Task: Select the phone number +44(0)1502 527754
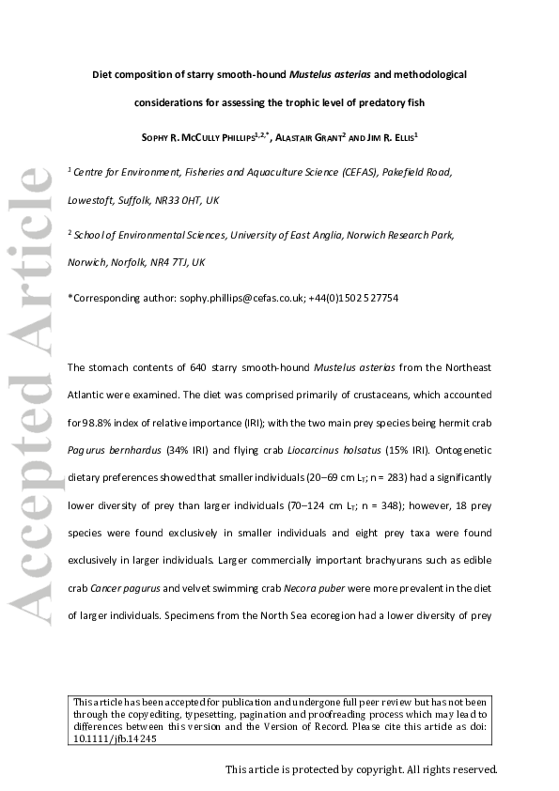coord(354,298)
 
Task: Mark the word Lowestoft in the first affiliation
coord(90,201)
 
